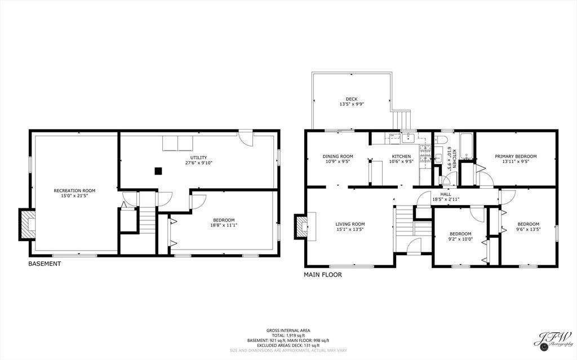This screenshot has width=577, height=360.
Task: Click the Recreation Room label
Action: pos(74,190)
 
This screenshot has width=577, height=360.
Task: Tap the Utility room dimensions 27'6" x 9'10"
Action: pos(199,163)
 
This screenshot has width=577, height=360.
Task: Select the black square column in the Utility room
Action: pos(158,171)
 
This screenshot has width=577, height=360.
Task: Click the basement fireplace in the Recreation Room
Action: pos(27,225)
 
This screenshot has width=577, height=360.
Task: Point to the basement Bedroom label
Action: pos(224,220)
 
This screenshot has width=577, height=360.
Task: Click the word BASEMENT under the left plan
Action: pos(45,264)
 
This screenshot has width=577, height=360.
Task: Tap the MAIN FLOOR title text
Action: pos(323,274)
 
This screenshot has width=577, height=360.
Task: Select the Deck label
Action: pos(352,99)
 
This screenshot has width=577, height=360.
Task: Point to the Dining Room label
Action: pos(338,157)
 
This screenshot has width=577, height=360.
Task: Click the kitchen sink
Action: pos(408,138)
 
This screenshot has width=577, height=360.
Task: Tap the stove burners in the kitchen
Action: pos(425,153)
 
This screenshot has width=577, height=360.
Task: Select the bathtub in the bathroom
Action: pos(466,146)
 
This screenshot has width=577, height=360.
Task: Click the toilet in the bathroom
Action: pos(441,140)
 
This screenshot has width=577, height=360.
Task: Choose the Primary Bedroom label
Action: pos(516,157)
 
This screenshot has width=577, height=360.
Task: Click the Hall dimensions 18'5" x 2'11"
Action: pos(446,199)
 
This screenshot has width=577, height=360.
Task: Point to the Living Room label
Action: pos(350,224)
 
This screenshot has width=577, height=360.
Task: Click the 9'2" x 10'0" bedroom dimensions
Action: pos(460,239)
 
